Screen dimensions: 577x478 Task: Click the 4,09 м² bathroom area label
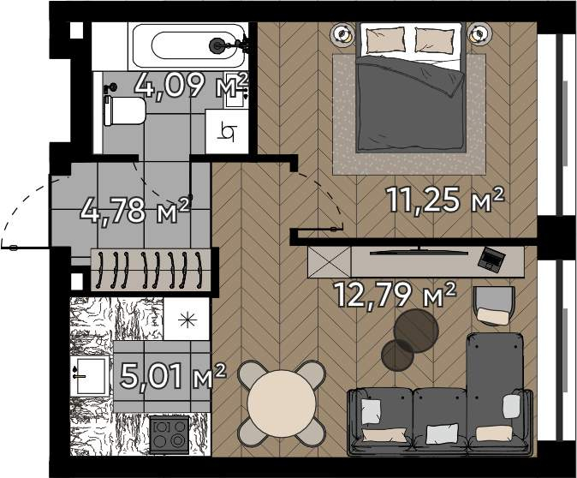[192, 86]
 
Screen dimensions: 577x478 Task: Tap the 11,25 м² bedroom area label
[444, 199]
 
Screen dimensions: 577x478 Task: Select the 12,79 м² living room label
[395, 294]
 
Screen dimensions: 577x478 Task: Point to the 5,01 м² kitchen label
[173, 376]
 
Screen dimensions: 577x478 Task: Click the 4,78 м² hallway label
[134, 211]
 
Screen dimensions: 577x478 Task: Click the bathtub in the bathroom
[188, 45]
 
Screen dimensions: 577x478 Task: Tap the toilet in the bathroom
[124, 111]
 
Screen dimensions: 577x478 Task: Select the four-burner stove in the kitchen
[170, 435]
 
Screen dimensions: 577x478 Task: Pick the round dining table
[282, 403]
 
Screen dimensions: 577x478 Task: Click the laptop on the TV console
[491, 260]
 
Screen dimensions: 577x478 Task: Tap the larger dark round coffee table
[416, 331]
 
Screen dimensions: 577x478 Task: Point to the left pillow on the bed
[386, 39]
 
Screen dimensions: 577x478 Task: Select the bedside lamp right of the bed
[480, 34]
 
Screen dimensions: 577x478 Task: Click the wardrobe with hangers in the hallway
[151, 270]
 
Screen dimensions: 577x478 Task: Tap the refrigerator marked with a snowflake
[187, 319]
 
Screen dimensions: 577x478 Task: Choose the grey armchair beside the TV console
[494, 306]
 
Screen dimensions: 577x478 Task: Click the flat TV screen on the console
[419, 252]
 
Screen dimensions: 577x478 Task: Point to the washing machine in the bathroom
[227, 131]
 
